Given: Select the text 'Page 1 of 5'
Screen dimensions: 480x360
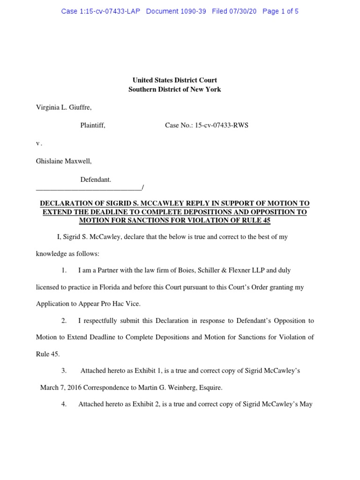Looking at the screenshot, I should [x=280, y=11].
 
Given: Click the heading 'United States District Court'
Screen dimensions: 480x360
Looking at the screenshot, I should [x=174, y=80].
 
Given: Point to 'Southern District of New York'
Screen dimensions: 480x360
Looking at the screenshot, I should [x=174, y=89].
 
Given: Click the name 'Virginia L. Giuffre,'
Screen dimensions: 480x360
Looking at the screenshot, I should [x=64, y=107].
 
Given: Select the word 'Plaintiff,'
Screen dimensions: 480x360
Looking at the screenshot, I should [x=93, y=125].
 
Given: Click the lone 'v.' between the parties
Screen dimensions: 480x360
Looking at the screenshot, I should [x=39, y=143].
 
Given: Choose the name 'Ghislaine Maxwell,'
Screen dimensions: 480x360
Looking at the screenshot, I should [x=64, y=161].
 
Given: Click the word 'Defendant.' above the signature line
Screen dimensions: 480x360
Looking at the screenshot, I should [x=96, y=179].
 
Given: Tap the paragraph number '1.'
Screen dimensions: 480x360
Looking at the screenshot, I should [x=64, y=270].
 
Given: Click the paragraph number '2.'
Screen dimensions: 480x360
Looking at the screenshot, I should [x=64, y=321].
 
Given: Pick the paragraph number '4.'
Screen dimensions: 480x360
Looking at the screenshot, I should [x=64, y=404].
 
